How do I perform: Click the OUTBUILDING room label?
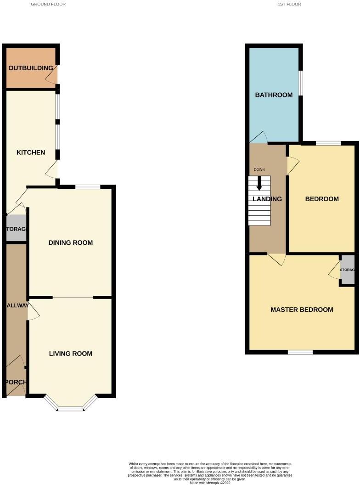pyautogui.click(x=31, y=68)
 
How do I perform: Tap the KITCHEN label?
pyautogui.click(x=31, y=152)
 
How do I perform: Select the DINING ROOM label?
pyautogui.click(x=71, y=242)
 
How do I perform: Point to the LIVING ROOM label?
pyautogui.click(x=71, y=354)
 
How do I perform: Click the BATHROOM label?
pyautogui.click(x=274, y=95)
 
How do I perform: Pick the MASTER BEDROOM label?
pyautogui.click(x=302, y=310)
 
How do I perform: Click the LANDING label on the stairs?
pyautogui.click(x=267, y=199)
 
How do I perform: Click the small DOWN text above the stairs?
pyautogui.click(x=259, y=170)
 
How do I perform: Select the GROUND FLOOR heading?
pyautogui.click(x=48, y=4)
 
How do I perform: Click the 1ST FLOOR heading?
pyautogui.click(x=289, y=4)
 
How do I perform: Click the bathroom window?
pyautogui.click(x=301, y=83)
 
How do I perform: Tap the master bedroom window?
pyautogui.click(x=300, y=352)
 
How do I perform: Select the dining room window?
pyautogui.click(x=88, y=187)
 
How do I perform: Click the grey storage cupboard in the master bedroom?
pyautogui.click(x=348, y=270)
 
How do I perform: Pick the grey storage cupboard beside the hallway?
pyautogui.click(x=16, y=229)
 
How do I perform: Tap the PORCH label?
pyautogui.click(x=15, y=382)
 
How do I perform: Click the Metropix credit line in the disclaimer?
pyautogui.click(x=210, y=482)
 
